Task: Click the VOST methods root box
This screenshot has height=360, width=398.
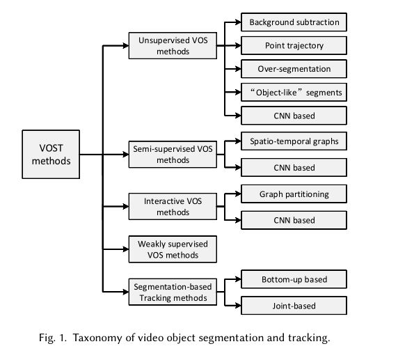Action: point(51,154)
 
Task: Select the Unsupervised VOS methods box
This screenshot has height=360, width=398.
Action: point(173,46)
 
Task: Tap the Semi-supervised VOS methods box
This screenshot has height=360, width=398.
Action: point(173,154)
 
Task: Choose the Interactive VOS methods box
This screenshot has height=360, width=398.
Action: point(173,206)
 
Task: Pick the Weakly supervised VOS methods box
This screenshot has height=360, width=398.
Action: point(173,249)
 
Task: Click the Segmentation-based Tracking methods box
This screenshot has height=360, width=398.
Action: point(173,292)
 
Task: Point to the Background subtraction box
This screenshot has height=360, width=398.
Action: point(294,22)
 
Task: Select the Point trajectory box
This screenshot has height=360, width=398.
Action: point(294,45)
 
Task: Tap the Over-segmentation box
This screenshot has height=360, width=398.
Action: point(294,69)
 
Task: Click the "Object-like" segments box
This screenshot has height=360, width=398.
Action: point(294,92)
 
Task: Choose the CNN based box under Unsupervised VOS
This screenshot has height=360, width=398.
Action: point(294,116)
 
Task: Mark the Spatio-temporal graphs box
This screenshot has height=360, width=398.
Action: point(294,141)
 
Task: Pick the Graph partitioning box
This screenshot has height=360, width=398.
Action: point(294,194)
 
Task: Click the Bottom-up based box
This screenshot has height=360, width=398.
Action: point(294,279)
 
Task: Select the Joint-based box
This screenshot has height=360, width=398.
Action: point(294,306)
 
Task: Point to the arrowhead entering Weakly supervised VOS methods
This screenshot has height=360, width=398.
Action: point(126,249)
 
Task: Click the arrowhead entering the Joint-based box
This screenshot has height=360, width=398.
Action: point(238,306)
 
